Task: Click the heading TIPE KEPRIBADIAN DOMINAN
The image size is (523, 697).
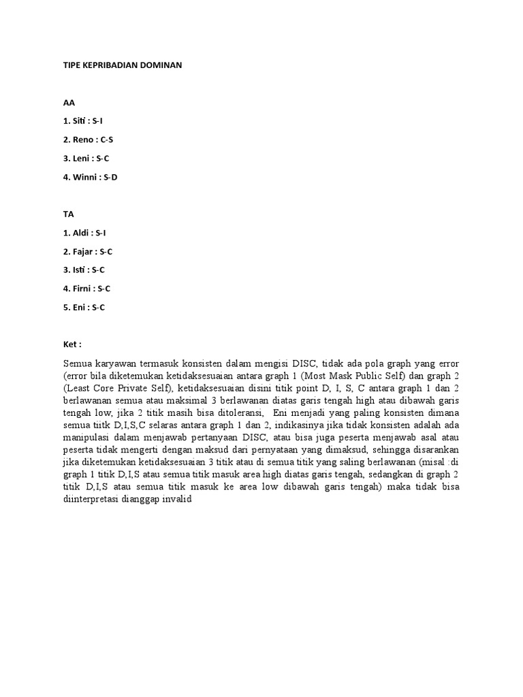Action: [x=123, y=65]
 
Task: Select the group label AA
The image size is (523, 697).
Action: [x=69, y=103]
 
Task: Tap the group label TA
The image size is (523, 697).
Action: [x=68, y=214]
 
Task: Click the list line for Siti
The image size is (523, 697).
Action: [x=83, y=121]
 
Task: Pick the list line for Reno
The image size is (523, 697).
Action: [x=89, y=140]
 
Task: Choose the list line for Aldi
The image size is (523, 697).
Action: [x=84, y=233]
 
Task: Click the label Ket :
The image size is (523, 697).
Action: [x=72, y=344]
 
